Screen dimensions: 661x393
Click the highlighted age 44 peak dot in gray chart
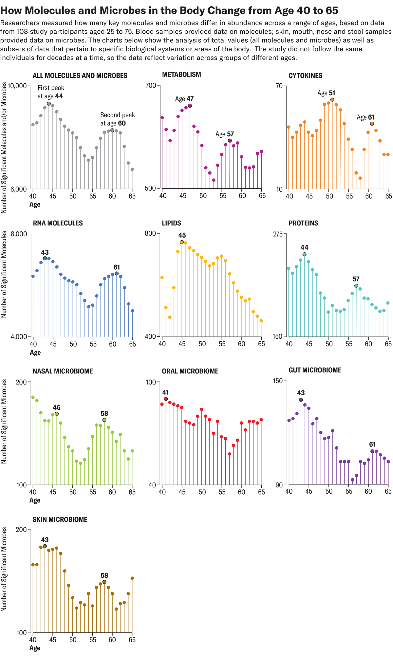49,104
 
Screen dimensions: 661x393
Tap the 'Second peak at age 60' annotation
117,119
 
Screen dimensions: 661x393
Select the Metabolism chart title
181,75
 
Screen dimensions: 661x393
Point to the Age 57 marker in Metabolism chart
230,141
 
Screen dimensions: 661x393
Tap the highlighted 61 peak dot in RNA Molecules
117,273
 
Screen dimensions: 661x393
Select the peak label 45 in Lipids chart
182,235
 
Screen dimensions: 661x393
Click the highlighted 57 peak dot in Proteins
356,286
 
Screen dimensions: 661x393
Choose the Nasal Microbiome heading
63,371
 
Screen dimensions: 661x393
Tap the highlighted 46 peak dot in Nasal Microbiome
57,414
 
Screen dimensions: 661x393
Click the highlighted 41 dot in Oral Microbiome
166,399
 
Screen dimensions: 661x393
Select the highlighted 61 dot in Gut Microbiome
372,451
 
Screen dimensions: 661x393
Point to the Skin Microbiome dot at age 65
132,578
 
